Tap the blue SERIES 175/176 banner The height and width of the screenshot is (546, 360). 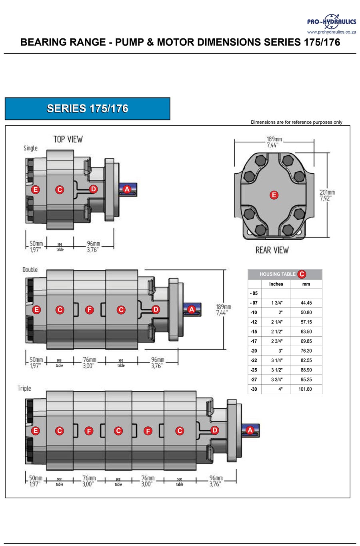pos(87,108)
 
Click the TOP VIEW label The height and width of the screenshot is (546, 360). pos(68,139)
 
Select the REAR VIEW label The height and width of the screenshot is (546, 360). pos(272,250)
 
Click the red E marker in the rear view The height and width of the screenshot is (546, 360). pos(274,195)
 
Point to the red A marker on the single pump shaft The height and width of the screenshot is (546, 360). pos(127,189)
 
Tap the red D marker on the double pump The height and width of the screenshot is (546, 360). pos(156,309)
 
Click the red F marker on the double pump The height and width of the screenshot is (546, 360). pos(90,309)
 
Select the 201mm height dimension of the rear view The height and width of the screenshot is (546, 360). pos(327,195)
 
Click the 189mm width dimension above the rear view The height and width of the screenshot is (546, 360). pos(274,142)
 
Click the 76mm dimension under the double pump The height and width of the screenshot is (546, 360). pos(89,363)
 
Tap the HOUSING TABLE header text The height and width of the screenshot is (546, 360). pos(278,274)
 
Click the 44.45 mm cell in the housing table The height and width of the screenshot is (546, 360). pos(306,303)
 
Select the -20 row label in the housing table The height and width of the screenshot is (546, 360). pos(254,351)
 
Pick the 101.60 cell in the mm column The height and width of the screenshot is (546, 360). pos(305,389)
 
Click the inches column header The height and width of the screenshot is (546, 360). pos(276,284)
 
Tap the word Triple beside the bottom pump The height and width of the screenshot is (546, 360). pos(24,388)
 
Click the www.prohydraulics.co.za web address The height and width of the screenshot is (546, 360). pos(331,32)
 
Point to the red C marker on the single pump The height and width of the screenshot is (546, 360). pos(60,189)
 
